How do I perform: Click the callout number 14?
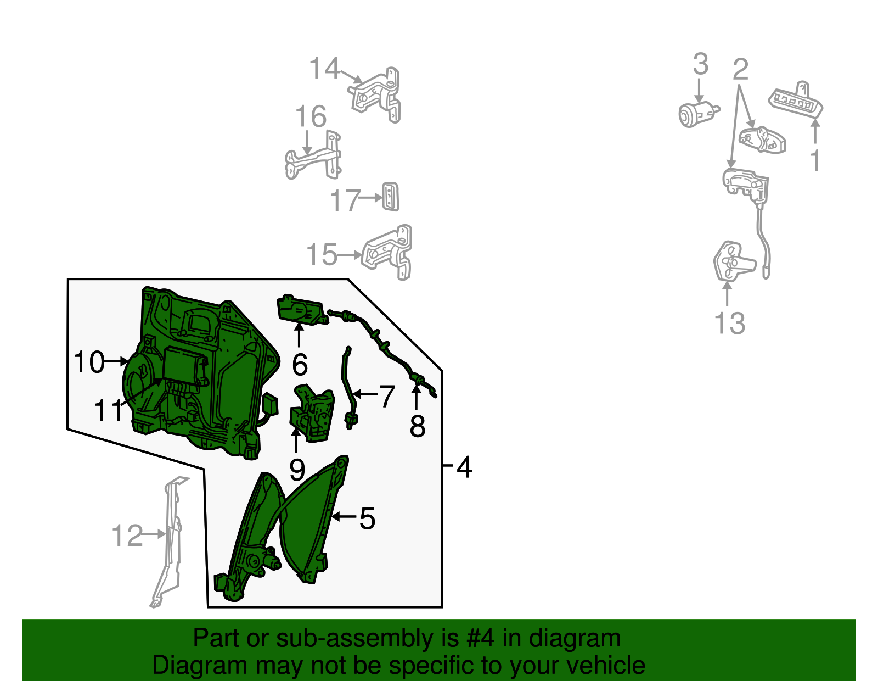click(x=324, y=68)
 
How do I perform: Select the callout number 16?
click(x=311, y=116)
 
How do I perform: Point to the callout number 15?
click(x=322, y=254)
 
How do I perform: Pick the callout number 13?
click(x=730, y=323)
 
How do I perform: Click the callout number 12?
click(x=127, y=536)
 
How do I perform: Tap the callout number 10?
click(x=89, y=362)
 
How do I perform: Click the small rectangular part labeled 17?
click(x=390, y=197)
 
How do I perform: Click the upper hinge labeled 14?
click(x=375, y=95)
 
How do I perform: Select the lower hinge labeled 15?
click(x=387, y=253)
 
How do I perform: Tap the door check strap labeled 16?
click(x=313, y=155)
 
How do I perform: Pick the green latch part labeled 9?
click(x=312, y=412)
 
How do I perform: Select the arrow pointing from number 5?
click(x=344, y=516)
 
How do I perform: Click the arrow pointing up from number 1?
click(x=815, y=131)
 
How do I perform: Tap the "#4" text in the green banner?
click(x=480, y=638)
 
